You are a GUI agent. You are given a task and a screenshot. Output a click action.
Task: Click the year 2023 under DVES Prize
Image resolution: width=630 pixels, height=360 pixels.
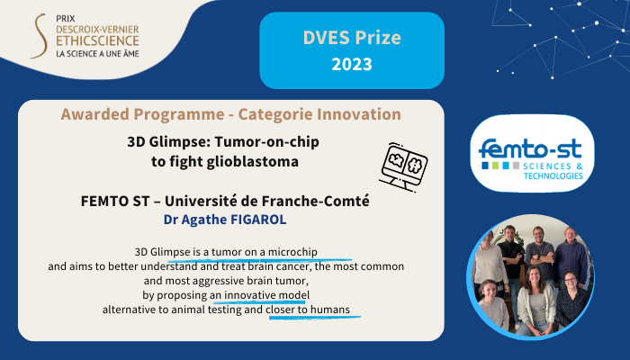pyautogui.click(x=352, y=64)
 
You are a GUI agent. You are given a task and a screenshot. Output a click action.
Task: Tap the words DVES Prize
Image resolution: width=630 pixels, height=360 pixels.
pyautogui.click(x=352, y=38)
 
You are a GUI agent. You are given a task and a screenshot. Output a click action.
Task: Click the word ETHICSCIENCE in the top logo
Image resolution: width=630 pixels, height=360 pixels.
pyautogui.click(x=97, y=41)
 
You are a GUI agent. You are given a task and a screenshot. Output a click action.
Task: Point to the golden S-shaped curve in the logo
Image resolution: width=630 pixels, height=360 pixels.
pyautogui.click(x=40, y=36)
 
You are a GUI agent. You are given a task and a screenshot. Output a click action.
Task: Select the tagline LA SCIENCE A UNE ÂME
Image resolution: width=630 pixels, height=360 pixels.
pyautogui.click(x=97, y=53)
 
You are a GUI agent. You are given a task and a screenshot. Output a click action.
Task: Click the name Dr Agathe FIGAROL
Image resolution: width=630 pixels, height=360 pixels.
pyautogui.click(x=225, y=220)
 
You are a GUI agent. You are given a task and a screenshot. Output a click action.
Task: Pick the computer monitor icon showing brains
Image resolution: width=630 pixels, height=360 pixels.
pyautogui.click(x=403, y=166)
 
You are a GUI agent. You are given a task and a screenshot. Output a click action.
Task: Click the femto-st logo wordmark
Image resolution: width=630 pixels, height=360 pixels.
pyautogui.click(x=530, y=149)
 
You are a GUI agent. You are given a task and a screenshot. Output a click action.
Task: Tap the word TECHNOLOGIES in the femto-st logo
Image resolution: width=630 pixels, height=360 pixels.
pyautogui.click(x=553, y=175)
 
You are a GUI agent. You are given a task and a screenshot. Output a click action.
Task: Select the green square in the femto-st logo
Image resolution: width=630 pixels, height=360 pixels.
pyautogui.click(x=495, y=166)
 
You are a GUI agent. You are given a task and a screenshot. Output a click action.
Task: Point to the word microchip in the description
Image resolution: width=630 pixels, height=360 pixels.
pyautogui.click(x=292, y=252)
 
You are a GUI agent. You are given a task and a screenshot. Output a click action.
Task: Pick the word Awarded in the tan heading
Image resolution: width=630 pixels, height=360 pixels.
pyautogui.click(x=95, y=114)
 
